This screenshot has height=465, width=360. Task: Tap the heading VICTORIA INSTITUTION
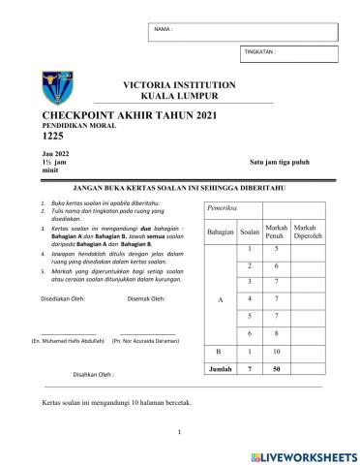click(x=181, y=85)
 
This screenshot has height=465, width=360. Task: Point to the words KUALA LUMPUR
click(x=181, y=97)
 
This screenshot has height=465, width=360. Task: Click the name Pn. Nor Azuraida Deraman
click(x=145, y=341)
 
